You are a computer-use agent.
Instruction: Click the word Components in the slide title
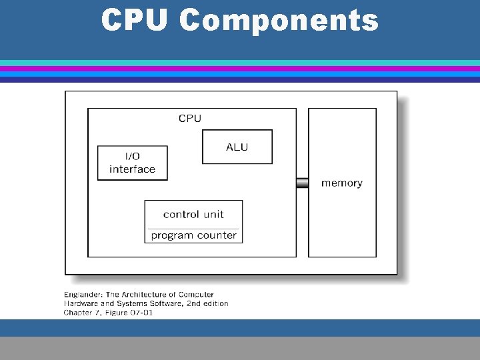(x=279, y=20)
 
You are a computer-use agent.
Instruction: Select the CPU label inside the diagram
(x=190, y=118)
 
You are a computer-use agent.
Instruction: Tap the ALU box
(x=237, y=147)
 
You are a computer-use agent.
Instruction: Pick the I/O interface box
(x=132, y=163)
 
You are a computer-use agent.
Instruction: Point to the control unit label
(x=193, y=214)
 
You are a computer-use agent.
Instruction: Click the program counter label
(x=193, y=235)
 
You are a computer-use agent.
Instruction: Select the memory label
(x=341, y=183)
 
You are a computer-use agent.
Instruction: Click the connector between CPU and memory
(x=302, y=182)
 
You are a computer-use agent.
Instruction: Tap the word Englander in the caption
(x=83, y=294)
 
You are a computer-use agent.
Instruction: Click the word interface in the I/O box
(x=132, y=169)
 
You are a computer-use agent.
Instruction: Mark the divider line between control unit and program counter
(x=193, y=227)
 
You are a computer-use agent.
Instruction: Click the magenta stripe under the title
(x=240, y=69)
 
